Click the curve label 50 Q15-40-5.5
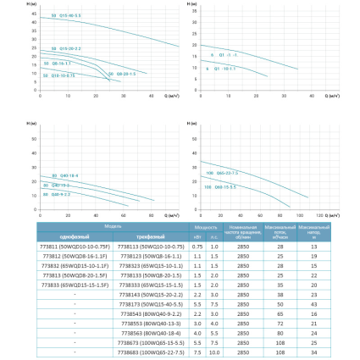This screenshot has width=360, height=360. (x=65, y=16)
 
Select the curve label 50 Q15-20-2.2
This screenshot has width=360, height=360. (x=66, y=49)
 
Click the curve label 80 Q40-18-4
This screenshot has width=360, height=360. (x=65, y=175)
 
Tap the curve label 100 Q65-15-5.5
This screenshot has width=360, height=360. (x=219, y=187)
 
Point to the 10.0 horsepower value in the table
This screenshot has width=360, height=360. (x=214, y=352)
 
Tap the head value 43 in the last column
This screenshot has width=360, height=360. (x=314, y=303)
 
